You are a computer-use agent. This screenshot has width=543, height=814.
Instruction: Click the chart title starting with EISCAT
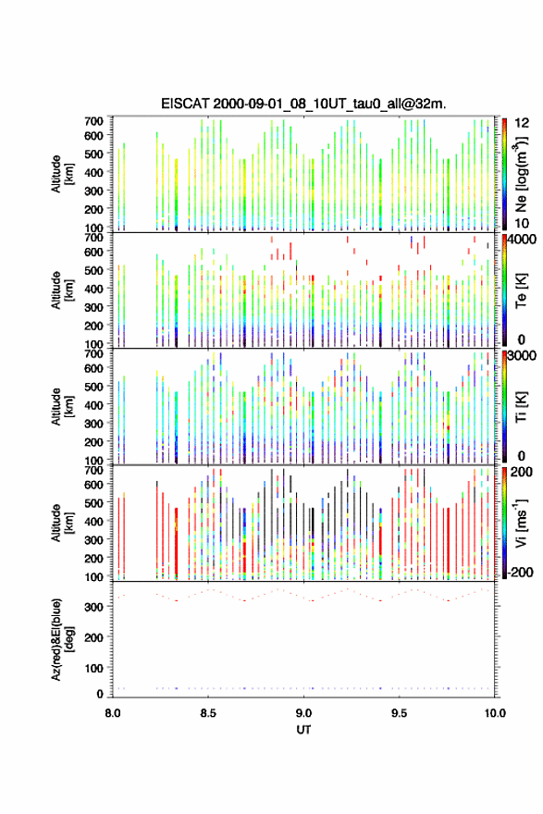point(303,104)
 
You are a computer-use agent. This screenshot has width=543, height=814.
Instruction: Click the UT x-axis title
point(303,730)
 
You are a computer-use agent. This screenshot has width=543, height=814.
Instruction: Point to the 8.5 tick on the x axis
point(208,713)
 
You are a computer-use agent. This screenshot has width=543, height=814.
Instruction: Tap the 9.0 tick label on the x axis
point(303,713)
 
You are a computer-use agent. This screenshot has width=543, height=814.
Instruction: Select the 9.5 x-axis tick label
point(400,713)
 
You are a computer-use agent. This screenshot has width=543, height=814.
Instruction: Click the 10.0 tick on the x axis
point(495,713)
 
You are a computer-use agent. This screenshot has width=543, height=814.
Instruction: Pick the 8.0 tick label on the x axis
point(113,713)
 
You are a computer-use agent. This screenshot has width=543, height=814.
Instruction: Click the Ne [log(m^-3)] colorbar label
point(522,175)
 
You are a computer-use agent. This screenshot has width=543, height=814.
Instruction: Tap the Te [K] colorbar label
point(521,290)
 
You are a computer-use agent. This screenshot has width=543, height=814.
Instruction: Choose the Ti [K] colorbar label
point(521,407)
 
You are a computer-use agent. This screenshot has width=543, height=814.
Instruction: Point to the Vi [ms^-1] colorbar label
point(521,524)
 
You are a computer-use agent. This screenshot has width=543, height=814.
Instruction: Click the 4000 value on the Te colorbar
point(522,240)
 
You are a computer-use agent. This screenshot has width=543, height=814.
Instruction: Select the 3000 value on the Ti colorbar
point(522,355)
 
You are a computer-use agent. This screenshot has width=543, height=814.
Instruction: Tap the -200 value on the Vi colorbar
point(520,572)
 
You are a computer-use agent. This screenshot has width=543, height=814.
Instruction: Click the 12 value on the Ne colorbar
point(522,123)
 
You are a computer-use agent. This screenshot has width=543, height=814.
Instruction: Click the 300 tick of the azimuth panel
point(94,607)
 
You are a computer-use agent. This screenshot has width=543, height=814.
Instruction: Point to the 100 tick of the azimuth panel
point(94,668)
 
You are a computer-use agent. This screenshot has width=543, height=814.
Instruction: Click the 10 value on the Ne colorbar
point(522,223)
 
